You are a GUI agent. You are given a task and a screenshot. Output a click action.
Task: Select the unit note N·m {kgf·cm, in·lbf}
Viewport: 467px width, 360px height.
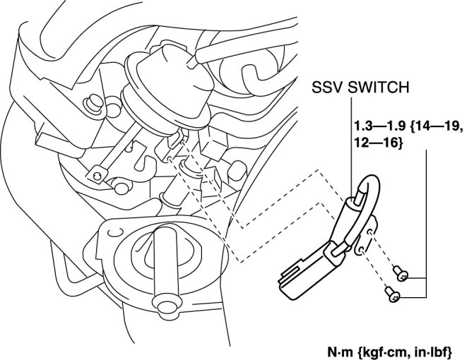point(389,349)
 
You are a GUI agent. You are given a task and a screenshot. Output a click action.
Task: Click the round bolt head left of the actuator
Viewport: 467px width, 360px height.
point(90,107)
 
